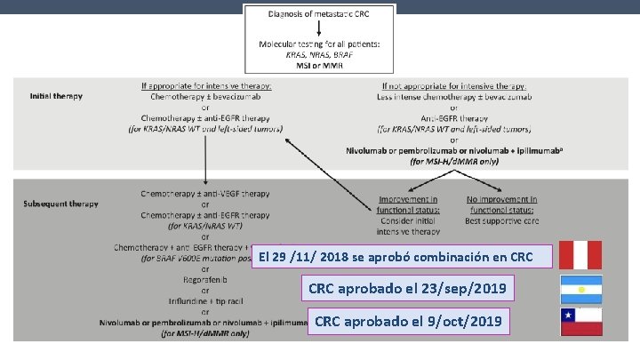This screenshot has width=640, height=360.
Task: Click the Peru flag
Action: [x=581, y=255]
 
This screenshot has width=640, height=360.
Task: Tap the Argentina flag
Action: [x=581, y=290]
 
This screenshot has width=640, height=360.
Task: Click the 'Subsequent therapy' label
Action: [x=61, y=203]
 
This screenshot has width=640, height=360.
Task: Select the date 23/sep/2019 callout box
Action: [x=409, y=289]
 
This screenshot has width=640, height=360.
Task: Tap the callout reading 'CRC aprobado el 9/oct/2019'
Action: [x=408, y=321]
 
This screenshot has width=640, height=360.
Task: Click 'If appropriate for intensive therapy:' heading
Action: [x=206, y=85]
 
